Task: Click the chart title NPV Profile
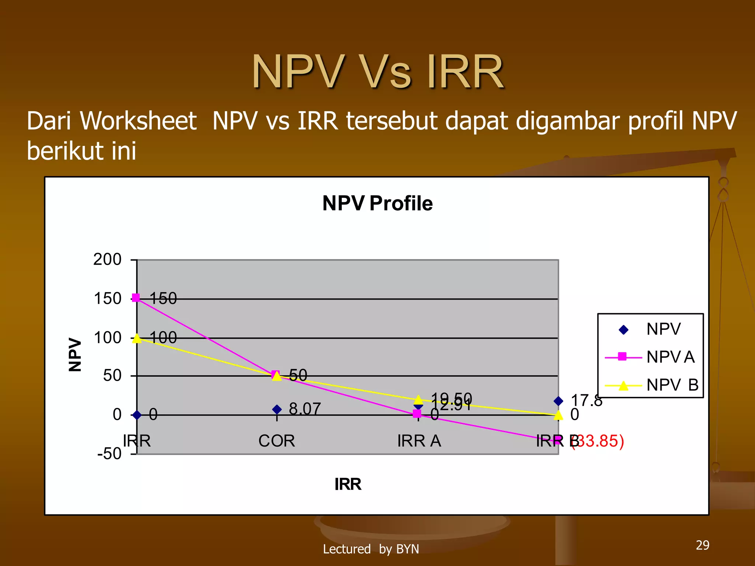click(x=377, y=203)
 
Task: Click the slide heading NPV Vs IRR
click(x=377, y=71)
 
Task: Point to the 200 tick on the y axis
click(x=107, y=259)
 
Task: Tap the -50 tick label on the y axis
click(x=109, y=454)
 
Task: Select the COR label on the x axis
click(x=276, y=441)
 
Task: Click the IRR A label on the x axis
click(x=419, y=441)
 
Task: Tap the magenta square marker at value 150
click(x=136, y=298)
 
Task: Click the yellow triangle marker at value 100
click(x=137, y=338)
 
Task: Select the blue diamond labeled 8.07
click(x=277, y=409)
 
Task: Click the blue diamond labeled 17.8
click(x=558, y=401)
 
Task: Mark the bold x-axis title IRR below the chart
click(x=348, y=484)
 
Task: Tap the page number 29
click(x=702, y=545)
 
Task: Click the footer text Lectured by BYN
click(x=371, y=549)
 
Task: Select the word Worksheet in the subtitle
click(x=138, y=121)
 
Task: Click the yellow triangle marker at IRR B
click(x=559, y=416)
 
